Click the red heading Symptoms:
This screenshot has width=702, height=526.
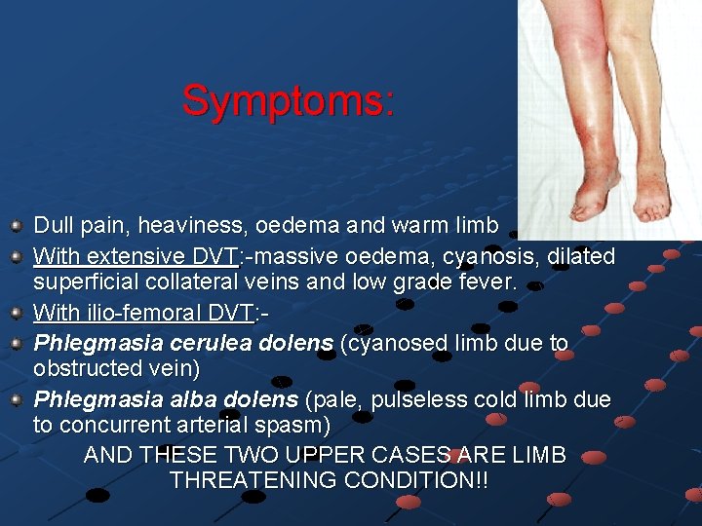click(289, 100)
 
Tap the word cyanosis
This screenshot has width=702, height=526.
click(488, 256)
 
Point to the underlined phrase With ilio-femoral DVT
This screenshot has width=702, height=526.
click(143, 314)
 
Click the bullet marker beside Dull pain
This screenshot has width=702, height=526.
click(16, 227)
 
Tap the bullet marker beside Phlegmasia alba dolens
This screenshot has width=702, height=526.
click(16, 400)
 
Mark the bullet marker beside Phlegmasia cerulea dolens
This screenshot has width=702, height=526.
click(16, 343)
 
